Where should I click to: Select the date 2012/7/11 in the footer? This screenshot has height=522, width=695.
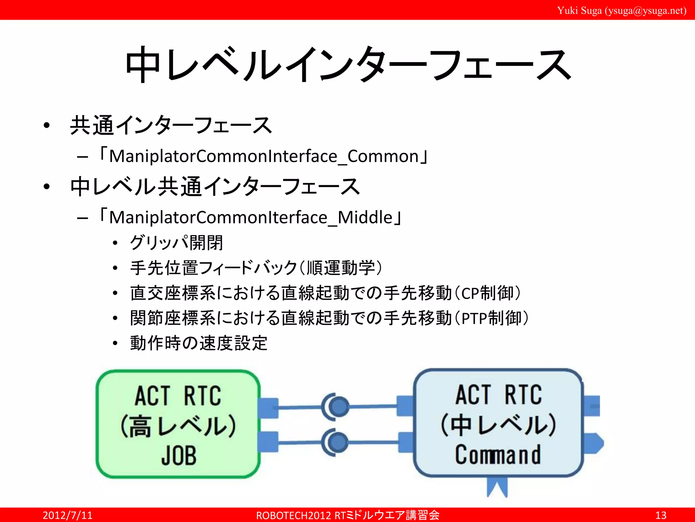coord(67,515)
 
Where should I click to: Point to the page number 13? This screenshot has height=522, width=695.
coord(660,515)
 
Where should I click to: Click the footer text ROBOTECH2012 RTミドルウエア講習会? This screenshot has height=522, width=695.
coord(347,515)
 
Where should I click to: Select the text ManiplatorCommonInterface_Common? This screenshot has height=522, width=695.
coord(264,157)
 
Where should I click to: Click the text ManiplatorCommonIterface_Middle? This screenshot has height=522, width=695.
coord(250,217)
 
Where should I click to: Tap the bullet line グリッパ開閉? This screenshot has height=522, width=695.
coord(176,243)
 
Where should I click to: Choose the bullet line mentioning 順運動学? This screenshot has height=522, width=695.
coord(256,268)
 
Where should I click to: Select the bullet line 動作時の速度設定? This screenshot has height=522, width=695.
coord(199,343)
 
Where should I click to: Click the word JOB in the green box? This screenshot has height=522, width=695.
coord(179,455)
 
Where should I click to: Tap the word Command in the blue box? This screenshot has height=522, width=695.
coord(498,455)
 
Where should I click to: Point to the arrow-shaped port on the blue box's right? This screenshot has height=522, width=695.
coord(594,443)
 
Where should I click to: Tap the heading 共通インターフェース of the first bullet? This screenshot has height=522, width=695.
coord(171,125)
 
